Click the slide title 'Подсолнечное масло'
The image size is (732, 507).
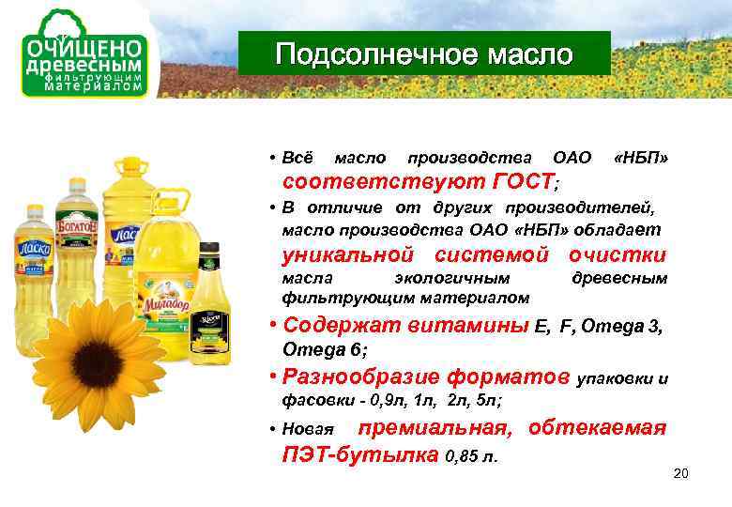[423, 54]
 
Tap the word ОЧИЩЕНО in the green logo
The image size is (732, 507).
[84, 48]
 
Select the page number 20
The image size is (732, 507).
[680, 473]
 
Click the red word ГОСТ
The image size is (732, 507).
[523, 180]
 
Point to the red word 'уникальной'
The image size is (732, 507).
[348, 254]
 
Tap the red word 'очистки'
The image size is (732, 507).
[618, 254]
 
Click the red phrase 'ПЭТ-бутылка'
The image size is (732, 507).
[360, 453]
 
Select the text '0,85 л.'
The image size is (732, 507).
[471, 455]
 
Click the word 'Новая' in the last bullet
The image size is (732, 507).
[308, 429]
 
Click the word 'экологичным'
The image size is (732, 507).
[452, 279]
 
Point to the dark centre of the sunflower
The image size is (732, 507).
[98, 362]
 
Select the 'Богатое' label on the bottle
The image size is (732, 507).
[77, 225]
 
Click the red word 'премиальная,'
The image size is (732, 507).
[435, 428]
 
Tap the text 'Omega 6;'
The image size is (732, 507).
[325, 349]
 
